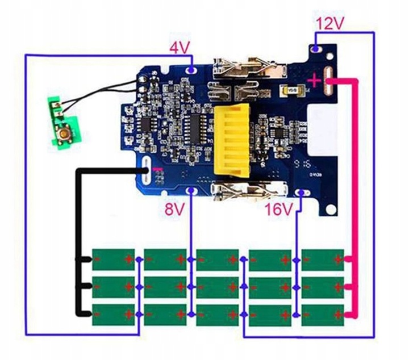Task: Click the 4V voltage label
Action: click(x=180, y=49)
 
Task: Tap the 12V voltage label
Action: click(x=331, y=24)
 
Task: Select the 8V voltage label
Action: click(x=175, y=209)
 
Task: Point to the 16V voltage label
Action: click(x=279, y=210)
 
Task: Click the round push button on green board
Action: click(x=66, y=136)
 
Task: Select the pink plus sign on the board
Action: click(x=313, y=81)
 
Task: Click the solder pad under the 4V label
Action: click(x=193, y=69)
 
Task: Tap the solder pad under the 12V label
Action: click(x=316, y=50)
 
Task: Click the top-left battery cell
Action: click(x=113, y=259)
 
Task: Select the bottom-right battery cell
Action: click(x=323, y=314)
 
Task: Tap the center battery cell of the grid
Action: click(x=218, y=287)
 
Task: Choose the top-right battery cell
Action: click(x=323, y=259)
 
